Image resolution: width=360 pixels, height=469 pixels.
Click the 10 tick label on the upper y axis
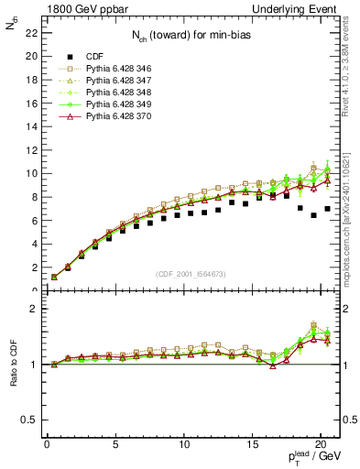click(x=30, y=173)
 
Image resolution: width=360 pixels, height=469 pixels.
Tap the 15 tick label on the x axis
click(x=183, y=444)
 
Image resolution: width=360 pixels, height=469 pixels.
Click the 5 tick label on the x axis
click(x=115, y=444)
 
